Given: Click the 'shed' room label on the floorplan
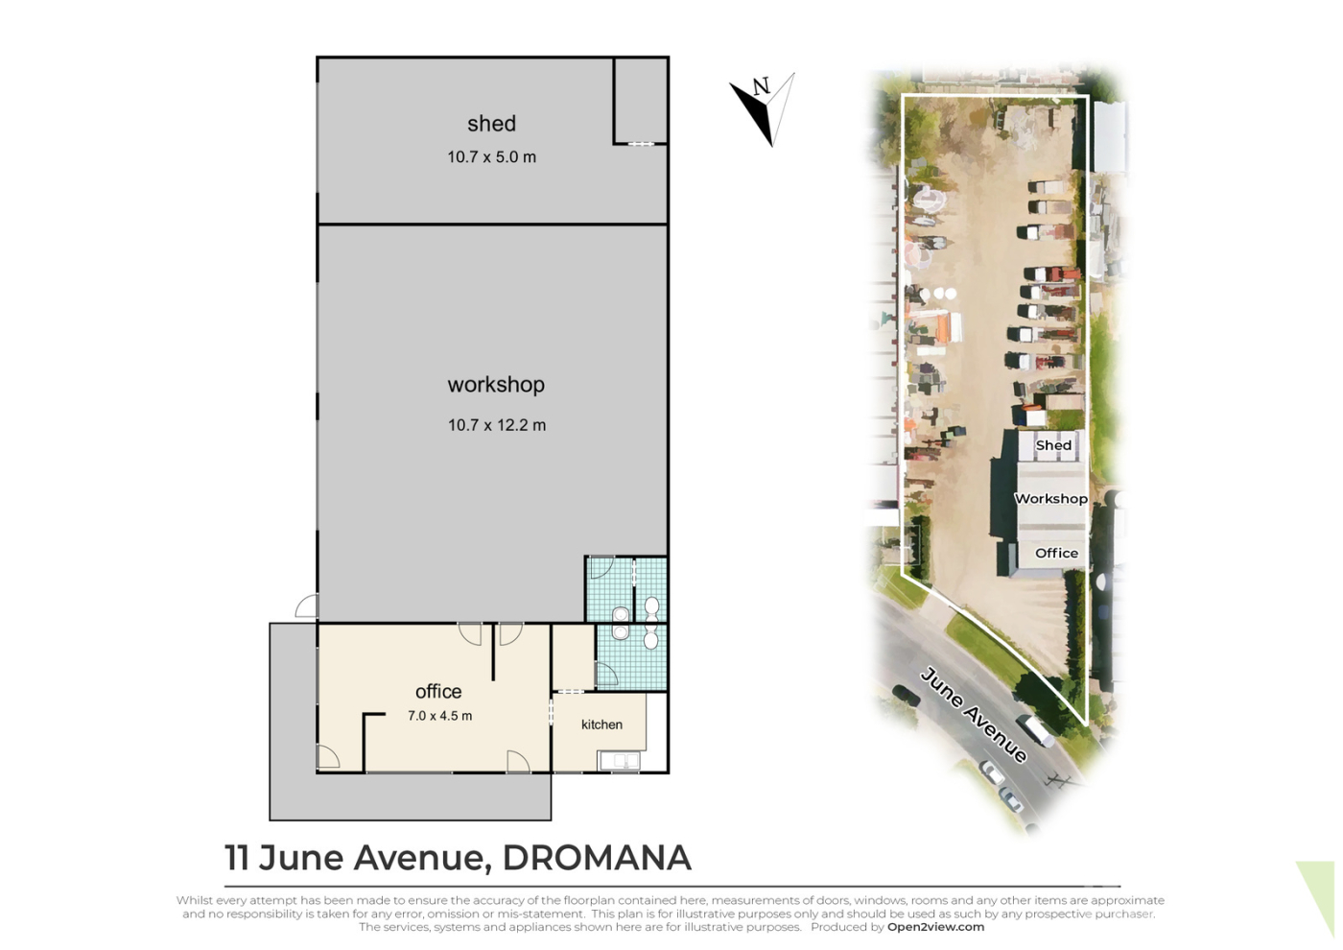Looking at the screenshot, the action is [x=491, y=124].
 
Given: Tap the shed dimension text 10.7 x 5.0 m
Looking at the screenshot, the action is [x=491, y=157].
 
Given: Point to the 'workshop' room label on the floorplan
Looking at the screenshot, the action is [x=497, y=385].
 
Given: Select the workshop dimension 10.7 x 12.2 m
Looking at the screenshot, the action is [x=497, y=425].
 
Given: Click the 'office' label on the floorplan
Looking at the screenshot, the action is [x=438, y=692].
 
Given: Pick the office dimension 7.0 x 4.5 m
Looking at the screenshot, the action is [x=440, y=716].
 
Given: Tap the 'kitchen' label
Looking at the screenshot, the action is [x=602, y=724].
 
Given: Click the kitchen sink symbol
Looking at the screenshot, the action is [x=620, y=760].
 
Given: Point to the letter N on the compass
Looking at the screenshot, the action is [x=762, y=86].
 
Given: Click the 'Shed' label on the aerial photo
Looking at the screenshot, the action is [x=1053, y=445].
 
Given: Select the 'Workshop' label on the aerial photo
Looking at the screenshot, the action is [x=1051, y=499].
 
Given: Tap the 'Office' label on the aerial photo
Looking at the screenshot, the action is [x=1056, y=553].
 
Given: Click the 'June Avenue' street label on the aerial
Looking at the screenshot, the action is [x=973, y=715].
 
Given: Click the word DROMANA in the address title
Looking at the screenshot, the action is [x=597, y=858].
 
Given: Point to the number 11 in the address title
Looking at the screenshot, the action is [x=237, y=858].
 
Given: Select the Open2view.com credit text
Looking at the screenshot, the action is [x=936, y=927].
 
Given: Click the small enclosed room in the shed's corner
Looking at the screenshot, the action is [x=641, y=101].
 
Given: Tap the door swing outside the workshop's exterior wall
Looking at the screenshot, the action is [x=306, y=606].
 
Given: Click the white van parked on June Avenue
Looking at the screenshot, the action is [x=1035, y=731].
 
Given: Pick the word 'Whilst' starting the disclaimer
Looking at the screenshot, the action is [x=194, y=900].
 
